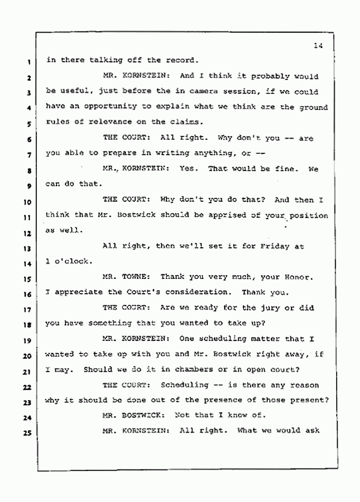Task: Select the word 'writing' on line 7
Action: (x=156, y=153)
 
